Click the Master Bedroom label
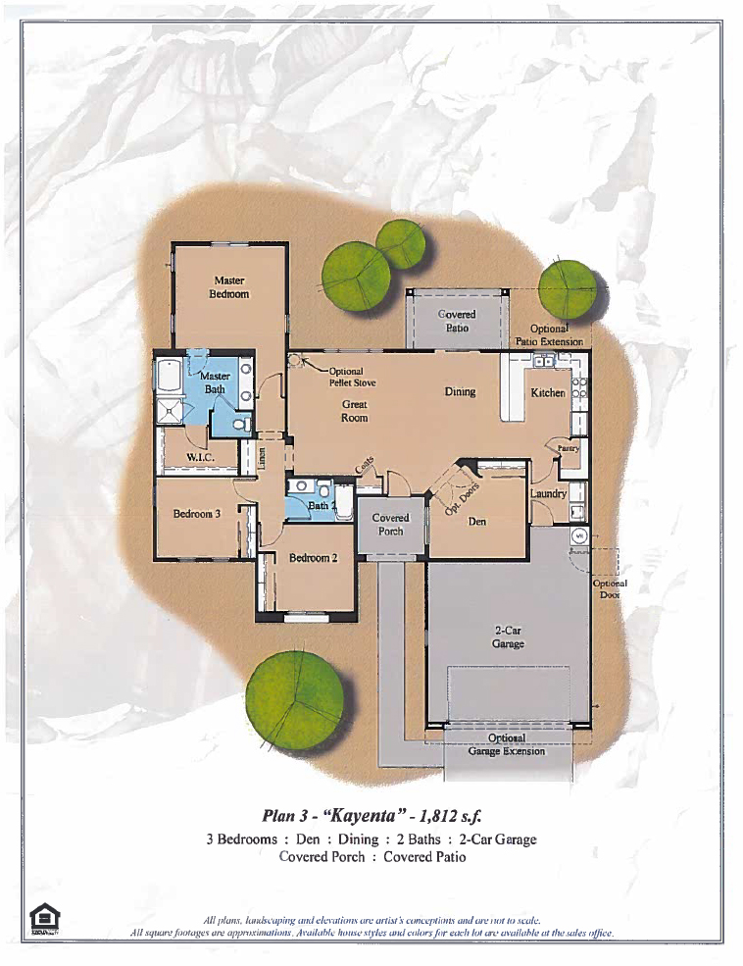[229, 287]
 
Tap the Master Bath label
[215, 382]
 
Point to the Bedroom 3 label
[197, 513]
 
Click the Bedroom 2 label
[313, 557]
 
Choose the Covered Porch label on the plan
[390, 524]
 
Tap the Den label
[476, 522]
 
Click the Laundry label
[548, 493]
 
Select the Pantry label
[569, 448]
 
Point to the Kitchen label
[548, 392]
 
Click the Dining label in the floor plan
[460, 391]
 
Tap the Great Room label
[354, 410]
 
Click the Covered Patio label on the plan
[456, 321]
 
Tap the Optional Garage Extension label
[506, 744]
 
